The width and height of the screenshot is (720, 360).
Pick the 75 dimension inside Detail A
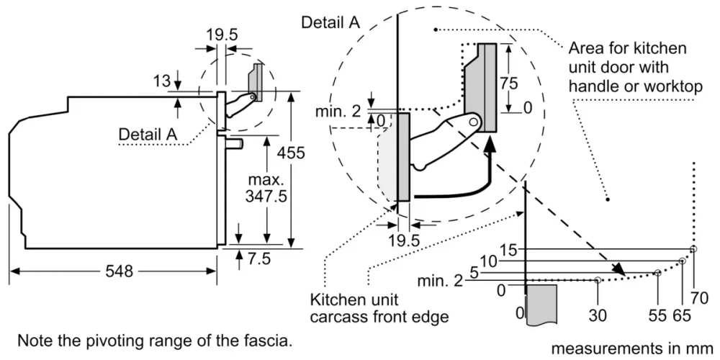508,83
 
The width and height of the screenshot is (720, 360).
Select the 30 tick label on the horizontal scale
598,315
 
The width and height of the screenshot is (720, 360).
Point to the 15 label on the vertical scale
508,250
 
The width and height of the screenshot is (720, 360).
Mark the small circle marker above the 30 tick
598,280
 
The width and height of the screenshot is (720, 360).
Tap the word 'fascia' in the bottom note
272,339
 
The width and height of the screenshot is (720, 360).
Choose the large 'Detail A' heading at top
330,22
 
